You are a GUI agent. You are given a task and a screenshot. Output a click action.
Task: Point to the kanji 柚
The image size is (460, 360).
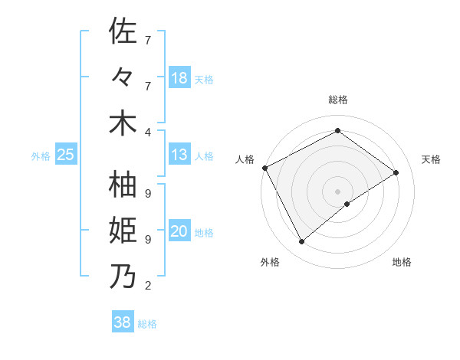click(x=123, y=185)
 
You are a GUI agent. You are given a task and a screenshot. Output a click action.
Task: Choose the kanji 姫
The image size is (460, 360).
click(x=123, y=231)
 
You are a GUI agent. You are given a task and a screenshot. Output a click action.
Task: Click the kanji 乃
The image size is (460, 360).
click(x=123, y=277)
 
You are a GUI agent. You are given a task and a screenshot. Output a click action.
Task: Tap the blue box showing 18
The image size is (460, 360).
click(x=179, y=78)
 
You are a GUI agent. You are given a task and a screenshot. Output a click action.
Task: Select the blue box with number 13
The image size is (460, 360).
click(x=179, y=155)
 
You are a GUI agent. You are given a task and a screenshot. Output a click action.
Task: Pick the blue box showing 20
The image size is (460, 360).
click(x=179, y=231)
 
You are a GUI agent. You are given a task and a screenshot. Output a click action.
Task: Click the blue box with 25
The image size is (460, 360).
click(x=66, y=155)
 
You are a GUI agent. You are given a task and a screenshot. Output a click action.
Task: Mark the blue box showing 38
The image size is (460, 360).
click(x=123, y=322)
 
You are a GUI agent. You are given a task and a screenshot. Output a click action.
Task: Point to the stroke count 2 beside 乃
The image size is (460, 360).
click(x=147, y=286)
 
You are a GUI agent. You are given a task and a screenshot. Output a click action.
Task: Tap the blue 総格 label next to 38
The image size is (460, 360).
click(x=147, y=324)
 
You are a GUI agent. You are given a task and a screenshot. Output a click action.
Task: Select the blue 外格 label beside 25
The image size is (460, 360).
click(x=41, y=156)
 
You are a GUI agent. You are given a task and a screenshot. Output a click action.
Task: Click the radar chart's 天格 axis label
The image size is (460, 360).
click(x=431, y=159)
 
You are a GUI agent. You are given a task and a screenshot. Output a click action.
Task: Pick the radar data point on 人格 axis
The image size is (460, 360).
click(x=264, y=168)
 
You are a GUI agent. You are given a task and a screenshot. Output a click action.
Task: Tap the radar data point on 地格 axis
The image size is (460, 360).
click(x=347, y=204)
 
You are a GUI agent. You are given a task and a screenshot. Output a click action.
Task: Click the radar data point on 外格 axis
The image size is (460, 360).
click(x=301, y=242)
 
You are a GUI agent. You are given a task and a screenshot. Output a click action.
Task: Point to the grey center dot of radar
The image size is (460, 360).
click(x=337, y=191)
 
